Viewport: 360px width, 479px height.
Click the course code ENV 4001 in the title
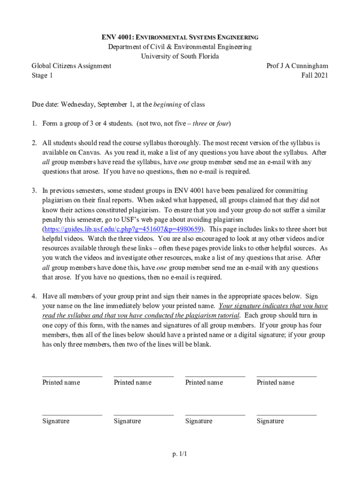pos(117,37)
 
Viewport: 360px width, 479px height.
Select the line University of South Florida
pos(180,56)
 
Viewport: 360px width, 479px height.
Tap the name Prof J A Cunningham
pos(297,66)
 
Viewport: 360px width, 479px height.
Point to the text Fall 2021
pos(315,75)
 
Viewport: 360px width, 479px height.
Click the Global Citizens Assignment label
pos(71,66)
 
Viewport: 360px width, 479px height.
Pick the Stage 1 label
pos(42,75)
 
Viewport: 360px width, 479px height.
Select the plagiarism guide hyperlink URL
pos(123,229)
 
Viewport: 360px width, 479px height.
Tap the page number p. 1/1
pos(180,453)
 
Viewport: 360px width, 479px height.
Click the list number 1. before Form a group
pos(34,123)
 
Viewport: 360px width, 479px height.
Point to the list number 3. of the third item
pos(34,191)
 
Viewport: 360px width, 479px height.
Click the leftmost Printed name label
pos(61,383)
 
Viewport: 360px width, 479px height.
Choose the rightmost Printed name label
pos(275,383)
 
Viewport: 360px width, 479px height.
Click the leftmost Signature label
pos(56,421)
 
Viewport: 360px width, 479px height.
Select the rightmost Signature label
pos(270,421)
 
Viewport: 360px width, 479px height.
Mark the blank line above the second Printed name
pos(144,376)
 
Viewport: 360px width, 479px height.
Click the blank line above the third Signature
pos(215,414)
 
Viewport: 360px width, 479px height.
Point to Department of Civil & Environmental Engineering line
pos(180,47)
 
